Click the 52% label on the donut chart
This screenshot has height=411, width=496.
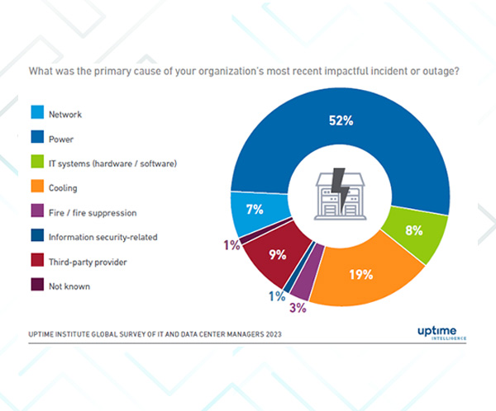[341, 121]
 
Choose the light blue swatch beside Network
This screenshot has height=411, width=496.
[38, 114]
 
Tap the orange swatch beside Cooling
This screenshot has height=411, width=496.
[38, 188]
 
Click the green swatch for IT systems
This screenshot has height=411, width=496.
[38, 163]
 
